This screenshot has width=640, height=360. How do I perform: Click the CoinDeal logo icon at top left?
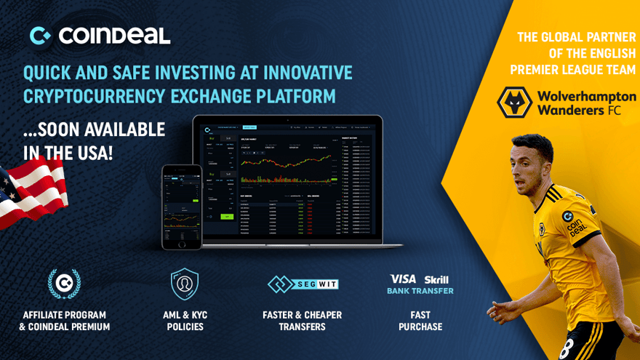point(40,35)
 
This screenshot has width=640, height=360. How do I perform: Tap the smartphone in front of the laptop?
point(182,207)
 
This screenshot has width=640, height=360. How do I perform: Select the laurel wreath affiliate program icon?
point(64,284)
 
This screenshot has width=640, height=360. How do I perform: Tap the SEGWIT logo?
point(303,284)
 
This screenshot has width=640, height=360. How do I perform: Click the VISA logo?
point(403,279)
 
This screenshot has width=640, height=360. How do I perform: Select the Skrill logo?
point(436,279)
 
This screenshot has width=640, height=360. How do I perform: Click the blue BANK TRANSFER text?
point(420,291)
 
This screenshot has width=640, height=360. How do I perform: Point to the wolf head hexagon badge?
point(515,103)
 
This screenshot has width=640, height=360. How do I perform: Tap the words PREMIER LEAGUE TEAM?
point(573,70)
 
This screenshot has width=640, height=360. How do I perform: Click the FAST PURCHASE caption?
point(420,321)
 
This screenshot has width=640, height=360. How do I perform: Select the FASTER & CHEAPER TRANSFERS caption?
point(302,321)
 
